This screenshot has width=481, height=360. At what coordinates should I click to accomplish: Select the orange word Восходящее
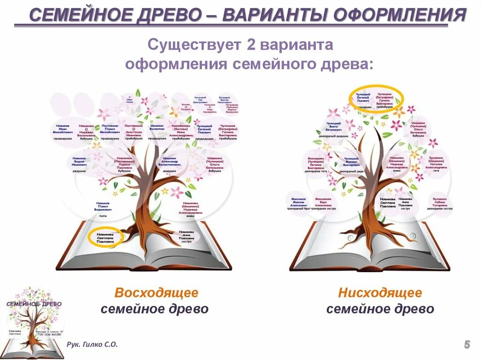click(156, 293)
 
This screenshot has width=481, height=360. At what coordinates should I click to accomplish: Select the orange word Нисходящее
click(380, 293)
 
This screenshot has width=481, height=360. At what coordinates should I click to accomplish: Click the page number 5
click(467, 345)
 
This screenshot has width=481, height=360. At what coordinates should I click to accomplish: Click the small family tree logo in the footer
click(33, 319)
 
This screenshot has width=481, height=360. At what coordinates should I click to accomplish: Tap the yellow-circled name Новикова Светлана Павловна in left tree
click(105, 237)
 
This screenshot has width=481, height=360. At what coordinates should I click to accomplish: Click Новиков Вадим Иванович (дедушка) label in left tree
click(79, 163)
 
